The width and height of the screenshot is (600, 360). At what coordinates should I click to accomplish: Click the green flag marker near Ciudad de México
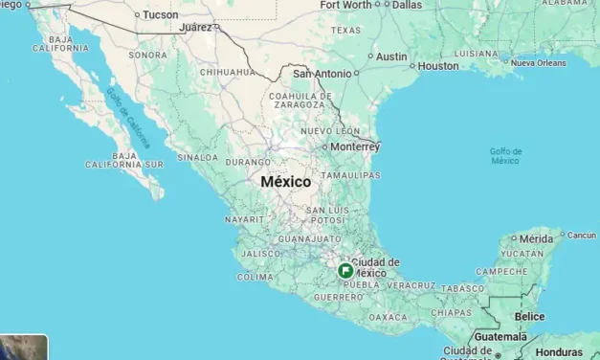coord(344,271)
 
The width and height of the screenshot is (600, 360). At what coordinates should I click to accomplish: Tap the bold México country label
coord(285,181)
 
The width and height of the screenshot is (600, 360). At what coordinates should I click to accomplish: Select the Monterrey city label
coord(355,147)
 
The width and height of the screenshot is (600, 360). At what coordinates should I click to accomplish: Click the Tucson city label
coord(160,14)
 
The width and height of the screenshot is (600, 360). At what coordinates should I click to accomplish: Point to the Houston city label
coord(438,66)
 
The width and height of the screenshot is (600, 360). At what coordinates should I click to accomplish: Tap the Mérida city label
coord(537,238)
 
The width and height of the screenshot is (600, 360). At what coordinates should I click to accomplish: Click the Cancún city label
coord(581,235)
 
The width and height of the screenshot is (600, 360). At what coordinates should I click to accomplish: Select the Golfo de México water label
coord(505,156)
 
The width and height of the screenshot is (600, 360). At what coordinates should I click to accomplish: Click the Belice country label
coord(529,316)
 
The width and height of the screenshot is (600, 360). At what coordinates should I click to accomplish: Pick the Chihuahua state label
coord(227,72)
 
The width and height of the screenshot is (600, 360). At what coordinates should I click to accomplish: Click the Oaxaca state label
coord(389,316)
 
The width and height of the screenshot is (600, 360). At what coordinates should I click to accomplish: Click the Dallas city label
coord(407,5)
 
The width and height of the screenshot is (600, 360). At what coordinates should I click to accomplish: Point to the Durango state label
coord(248,163)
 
